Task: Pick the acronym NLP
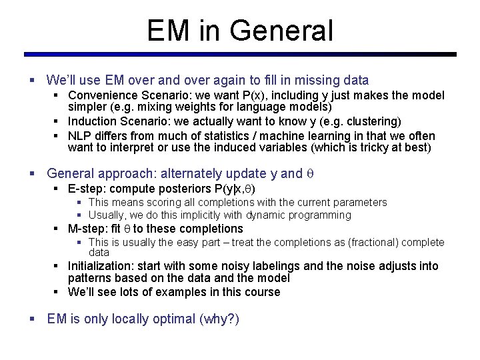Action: tap(79, 135)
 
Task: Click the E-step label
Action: tap(83, 189)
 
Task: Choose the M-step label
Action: tap(84, 229)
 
